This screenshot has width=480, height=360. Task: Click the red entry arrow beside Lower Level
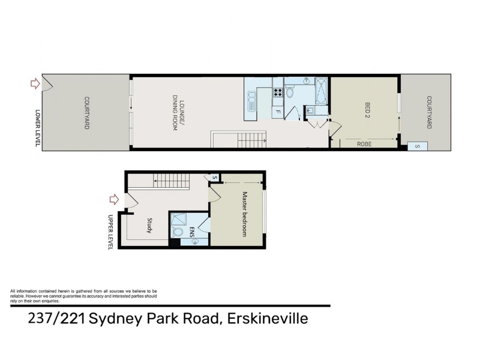point(35,83)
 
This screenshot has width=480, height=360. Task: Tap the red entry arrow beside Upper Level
point(114,199)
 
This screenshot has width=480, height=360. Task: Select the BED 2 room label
point(367,110)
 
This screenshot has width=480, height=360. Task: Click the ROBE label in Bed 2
point(364,144)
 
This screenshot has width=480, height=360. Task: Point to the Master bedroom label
point(244,214)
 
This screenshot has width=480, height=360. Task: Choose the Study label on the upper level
point(149,226)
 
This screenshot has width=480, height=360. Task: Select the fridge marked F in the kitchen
point(278,112)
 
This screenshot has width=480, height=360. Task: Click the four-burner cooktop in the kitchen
point(278,92)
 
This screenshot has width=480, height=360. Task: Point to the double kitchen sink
point(251,101)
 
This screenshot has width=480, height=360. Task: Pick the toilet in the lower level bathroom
point(289,92)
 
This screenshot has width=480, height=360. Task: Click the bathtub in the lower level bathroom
point(322,92)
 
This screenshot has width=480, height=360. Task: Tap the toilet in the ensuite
point(177,232)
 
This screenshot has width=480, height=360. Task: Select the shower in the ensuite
point(178,219)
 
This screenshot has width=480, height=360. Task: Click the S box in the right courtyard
point(417,146)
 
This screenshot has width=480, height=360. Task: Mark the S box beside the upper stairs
point(215,178)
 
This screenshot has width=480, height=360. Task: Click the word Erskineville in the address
point(268,319)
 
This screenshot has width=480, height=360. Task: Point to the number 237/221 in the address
point(56,319)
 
